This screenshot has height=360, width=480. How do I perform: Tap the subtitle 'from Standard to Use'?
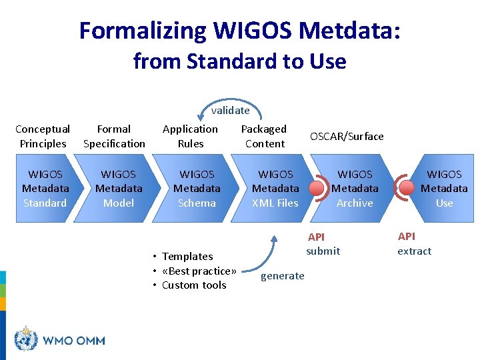(x=239, y=61)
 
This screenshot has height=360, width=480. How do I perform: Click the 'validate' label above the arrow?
(x=230, y=111)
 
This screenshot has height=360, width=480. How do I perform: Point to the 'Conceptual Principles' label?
(x=43, y=136)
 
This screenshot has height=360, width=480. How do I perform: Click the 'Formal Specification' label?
(x=114, y=136)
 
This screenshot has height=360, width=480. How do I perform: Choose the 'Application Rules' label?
(x=190, y=136)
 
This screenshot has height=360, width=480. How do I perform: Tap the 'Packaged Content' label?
(x=264, y=136)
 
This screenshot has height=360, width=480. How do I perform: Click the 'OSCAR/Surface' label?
(x=347, y=136)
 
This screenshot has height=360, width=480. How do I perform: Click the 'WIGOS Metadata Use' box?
(x=443, y=189)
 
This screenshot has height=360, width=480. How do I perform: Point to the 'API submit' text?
(x=323, y=244)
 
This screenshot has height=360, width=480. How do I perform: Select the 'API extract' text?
(x=414, y=244)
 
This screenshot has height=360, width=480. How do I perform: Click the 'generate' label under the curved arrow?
(x=282, y=276)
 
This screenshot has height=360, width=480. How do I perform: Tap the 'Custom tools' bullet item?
(x=194, y=285)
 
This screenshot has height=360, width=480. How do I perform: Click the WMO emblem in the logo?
(x=26, y=339)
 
